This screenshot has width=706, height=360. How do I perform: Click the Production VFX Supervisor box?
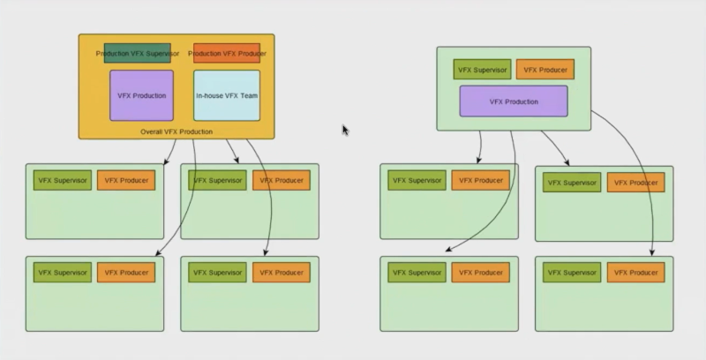137,53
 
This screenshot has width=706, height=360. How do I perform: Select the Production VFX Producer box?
227,53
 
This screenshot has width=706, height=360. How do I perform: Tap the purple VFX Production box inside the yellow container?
141,95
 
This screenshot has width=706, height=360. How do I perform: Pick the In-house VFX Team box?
227,95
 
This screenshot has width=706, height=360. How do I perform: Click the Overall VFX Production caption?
176,131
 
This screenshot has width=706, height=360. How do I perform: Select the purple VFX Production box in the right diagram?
514,101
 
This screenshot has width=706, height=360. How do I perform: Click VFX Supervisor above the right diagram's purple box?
481,69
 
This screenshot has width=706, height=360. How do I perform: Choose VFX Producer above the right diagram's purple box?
545,69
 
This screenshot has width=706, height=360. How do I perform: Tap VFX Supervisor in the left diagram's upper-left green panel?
62,180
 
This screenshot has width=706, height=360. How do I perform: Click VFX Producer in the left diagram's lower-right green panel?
281,273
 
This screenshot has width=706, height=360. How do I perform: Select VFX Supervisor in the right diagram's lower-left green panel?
417,273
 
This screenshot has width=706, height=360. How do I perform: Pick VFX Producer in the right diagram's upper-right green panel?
635,183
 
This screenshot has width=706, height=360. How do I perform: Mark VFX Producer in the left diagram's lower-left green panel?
126,273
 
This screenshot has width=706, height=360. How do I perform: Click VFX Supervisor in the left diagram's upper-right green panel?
216,180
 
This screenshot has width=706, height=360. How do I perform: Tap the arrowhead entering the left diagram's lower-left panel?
158,255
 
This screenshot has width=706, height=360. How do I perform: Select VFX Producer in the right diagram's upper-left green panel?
481,180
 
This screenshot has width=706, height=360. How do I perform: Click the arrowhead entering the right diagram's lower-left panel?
447,250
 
